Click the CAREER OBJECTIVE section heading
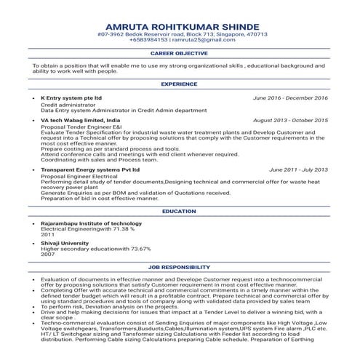pyautogui.click(x=180, y=54)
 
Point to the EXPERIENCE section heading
pyautogui.click(x=180, y=84)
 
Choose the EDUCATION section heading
pyautogui.click(x=180, y=211)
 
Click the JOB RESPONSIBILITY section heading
pyautogui.click(x=180, y=268)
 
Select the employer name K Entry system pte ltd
pyautogui.click(x=71, y=97)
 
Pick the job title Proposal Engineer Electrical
pyautogui.click(x=76, y=175)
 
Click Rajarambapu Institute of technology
pyautogui.click(x=91, y=223)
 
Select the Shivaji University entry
pyautogui.click(x=65, y=244)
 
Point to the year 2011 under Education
pyautogui.click(x=47, y=235)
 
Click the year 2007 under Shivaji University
pyautogui.click(x=47, y=255)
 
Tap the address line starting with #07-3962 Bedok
pyautogui.click(x=180, y=33)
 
